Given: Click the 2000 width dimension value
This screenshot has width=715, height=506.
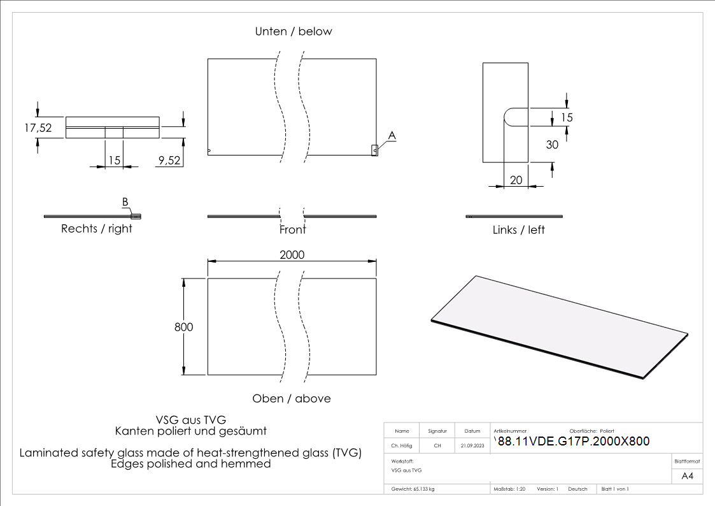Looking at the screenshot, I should [292, 254].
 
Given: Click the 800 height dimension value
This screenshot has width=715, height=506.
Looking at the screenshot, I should [183, 327].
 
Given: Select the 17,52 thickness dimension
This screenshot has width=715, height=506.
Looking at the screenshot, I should [38, 127].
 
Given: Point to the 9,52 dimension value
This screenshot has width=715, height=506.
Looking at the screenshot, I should [169, 161].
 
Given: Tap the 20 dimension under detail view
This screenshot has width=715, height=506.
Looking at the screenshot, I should [516, 180].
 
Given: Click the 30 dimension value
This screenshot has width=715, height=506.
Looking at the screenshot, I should [552, 145].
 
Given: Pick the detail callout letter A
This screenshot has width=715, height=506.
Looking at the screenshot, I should [392, 136].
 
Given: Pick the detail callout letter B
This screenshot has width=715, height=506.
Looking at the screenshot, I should [125, 202].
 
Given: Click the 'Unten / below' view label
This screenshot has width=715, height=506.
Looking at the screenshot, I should [294, 31].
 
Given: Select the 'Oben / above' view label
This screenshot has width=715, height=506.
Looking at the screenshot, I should [292, 398].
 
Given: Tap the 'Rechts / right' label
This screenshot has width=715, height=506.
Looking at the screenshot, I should [97, 228].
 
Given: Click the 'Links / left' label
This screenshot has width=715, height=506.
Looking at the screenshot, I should [518, 229].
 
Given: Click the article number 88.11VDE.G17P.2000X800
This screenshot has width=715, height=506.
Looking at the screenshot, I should [572, 442].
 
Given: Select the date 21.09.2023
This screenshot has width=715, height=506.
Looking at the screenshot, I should [472, 445].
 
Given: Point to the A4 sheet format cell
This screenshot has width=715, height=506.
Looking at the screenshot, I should [687, 475].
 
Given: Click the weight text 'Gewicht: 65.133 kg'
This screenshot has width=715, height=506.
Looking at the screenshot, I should [414, 489].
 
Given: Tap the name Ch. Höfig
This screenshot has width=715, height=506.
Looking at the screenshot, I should [402, 445].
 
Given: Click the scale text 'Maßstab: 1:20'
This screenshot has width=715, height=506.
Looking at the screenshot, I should [509, 489].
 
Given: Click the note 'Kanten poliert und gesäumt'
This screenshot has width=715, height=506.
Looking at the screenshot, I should [190, 431].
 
